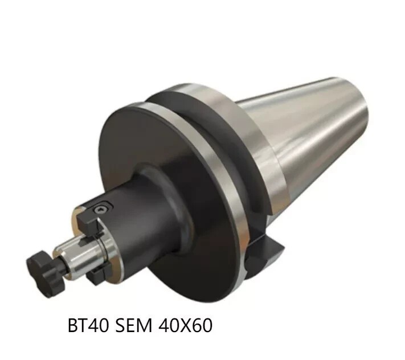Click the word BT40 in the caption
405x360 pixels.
[x=88, y=325]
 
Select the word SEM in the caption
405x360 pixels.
[x=133, y=325]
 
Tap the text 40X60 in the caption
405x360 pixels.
[x=186, y=325]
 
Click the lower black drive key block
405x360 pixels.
[x=97, y=274]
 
